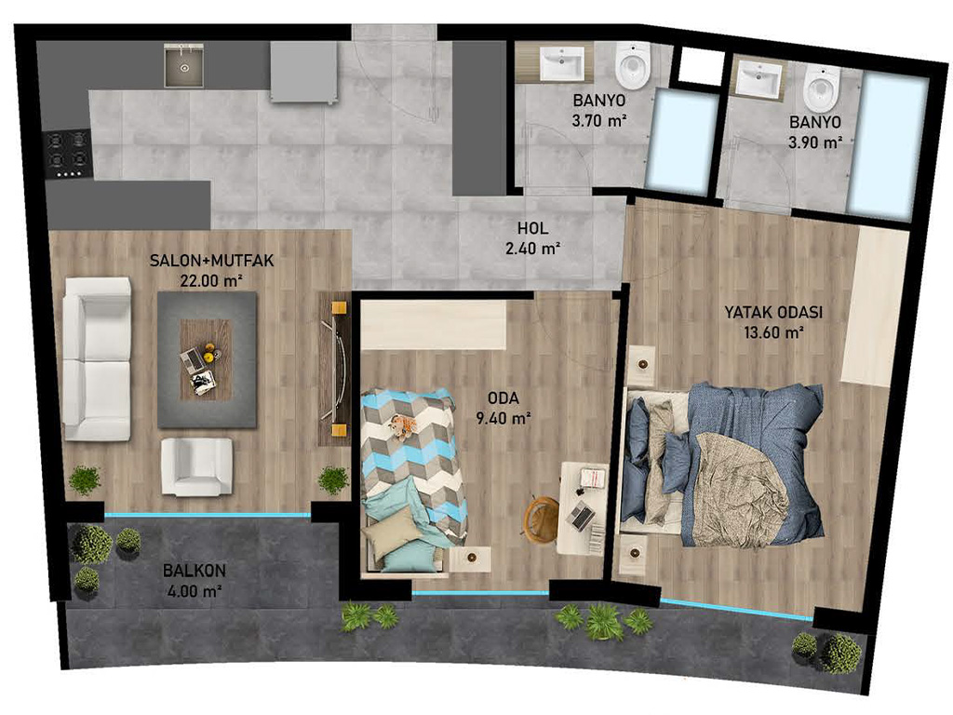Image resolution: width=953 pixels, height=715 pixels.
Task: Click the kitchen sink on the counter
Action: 183,65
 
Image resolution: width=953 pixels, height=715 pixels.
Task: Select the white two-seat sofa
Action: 97,358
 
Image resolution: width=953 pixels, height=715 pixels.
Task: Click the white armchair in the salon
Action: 196,466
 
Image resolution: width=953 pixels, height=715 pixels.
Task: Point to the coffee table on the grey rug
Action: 206,360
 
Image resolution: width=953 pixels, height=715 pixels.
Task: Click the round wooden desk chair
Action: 542,516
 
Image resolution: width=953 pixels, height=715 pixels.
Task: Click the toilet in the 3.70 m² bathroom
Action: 633,64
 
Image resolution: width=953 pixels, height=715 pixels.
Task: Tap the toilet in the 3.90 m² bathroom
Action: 823,88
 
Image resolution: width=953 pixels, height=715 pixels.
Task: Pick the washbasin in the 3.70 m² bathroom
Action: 561,62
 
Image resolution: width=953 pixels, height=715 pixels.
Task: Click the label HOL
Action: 532,229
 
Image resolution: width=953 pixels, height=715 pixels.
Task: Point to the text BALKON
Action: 195,571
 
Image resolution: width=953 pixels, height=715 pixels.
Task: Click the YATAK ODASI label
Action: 773,313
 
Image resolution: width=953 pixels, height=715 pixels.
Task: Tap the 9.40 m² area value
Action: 503,418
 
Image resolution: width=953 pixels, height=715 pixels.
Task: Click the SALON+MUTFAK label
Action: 212,261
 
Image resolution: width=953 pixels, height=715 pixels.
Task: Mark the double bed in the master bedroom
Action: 721,465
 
